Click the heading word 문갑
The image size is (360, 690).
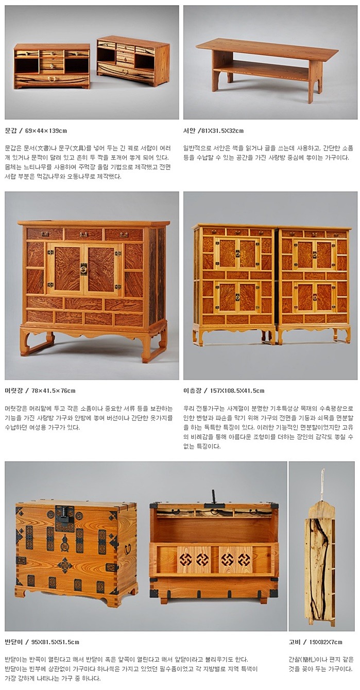11,130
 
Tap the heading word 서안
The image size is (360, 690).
189,130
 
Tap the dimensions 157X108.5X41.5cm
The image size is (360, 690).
237,391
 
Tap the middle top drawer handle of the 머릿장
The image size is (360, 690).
84,234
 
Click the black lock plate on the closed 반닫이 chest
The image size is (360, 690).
63,513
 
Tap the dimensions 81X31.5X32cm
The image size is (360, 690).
222,130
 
